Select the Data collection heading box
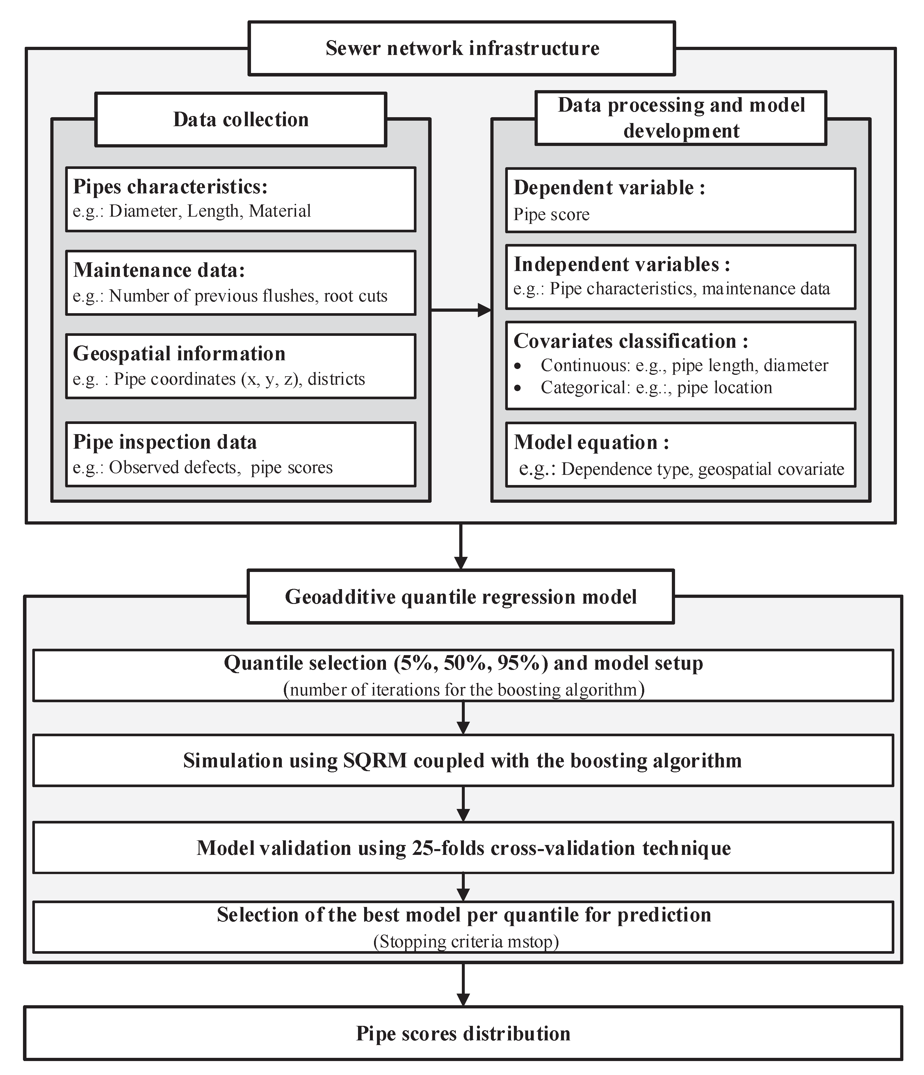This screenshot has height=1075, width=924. pyautogui.click(x=241, y=119)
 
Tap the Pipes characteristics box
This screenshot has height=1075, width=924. pyautogui.click(x=241, y=199)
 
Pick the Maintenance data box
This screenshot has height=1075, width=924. pyautogui.click(x=241, y=283)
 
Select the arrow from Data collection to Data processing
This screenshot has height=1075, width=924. pyautogui.click(x=461, y=310)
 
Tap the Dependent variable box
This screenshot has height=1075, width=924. pyautogui.click(x=680, y=200)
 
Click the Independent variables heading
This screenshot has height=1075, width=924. pyautogui.click(x=622, y=265)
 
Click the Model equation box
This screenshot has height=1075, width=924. pyautogui.click(x=680, y=454)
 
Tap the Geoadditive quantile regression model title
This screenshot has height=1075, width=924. pyautogui.click(x=461, y=597)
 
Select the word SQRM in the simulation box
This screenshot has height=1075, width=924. pyautogui.click(x=375, y=761)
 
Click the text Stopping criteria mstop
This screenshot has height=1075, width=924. pyautogui.click(x=465, y=942)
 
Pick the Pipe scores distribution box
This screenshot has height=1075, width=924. pyautogui.click(x=463, y=1033)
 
